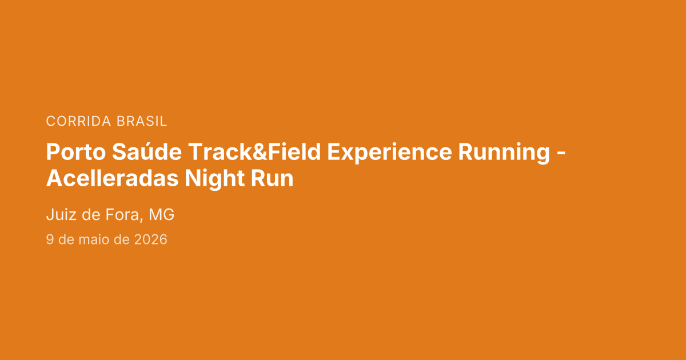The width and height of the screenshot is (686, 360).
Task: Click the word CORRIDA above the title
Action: (x=78, y=121)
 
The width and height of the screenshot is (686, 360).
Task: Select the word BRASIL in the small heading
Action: (x=142, y=121)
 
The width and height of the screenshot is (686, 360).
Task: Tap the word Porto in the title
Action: (x=76, y=152)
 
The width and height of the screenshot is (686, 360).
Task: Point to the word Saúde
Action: (x=147, y=151)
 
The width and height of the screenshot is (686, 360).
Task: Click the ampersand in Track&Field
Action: (x=260, y=152)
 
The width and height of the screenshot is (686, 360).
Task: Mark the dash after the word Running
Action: (x=560, y=154)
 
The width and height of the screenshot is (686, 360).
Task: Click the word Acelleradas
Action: (x=112, y=178)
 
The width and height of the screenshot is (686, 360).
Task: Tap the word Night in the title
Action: (x=214, y=179)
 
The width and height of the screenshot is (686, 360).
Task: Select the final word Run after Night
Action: (x=272, y=179)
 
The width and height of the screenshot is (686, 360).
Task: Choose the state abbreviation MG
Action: (x=161, y=214)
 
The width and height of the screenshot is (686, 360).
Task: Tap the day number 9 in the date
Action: (x=50, y=239)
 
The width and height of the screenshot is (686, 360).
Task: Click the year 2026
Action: (x=151, y=239)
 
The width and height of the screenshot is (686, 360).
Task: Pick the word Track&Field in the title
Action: (x=254, y=152)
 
